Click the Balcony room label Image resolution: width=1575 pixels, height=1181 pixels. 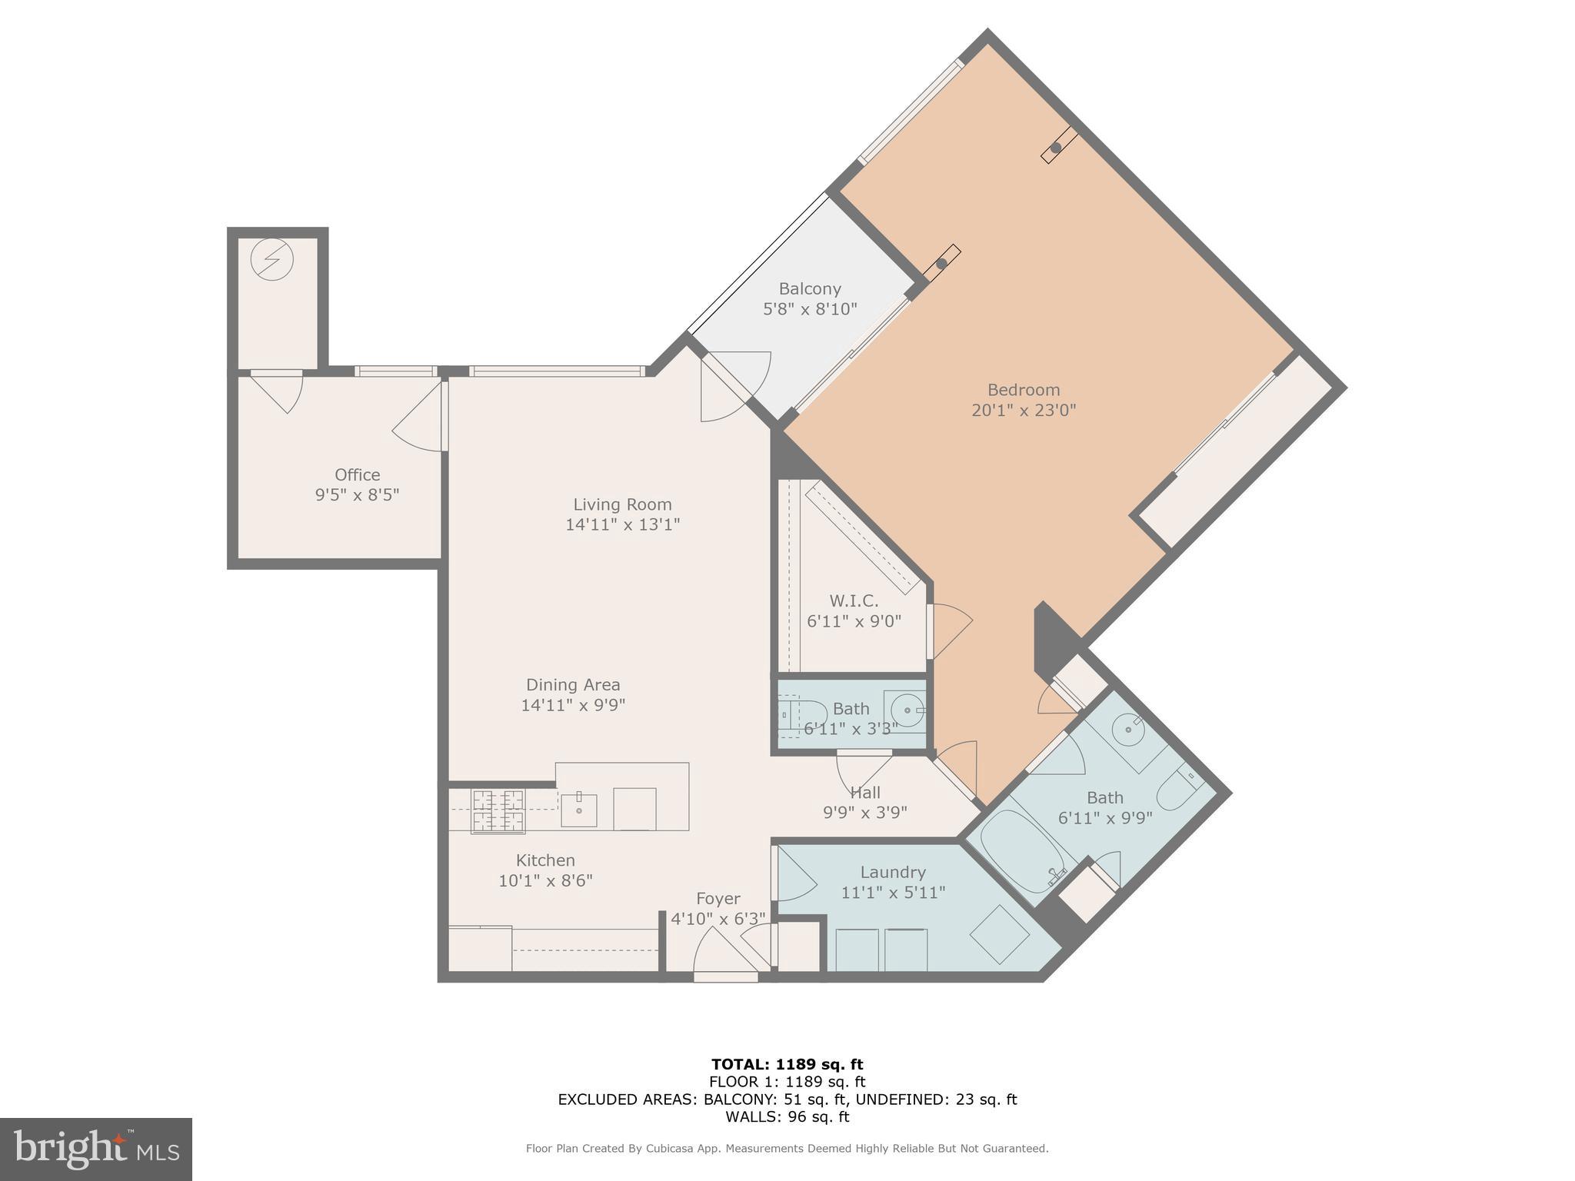(x=809, y=289)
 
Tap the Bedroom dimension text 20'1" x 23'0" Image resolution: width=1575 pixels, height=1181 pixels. (x=1023, y=411)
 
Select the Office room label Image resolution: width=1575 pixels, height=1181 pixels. (x=357, y=475)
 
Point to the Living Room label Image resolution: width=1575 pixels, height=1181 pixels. (x=622, y=505)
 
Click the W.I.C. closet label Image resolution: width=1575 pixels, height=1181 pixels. (x=853, y=601)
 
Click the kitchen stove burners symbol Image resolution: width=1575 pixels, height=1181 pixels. (x=498, y=811)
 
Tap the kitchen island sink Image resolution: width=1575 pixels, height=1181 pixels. (x=578, y=810)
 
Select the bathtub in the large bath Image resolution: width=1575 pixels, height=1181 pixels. (x=1018, y=853)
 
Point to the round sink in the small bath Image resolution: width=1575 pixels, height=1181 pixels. (x=905, y=710)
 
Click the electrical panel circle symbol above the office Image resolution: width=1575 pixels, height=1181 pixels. (x=271, y=260)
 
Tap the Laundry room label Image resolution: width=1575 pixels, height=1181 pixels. (x=892, y=873)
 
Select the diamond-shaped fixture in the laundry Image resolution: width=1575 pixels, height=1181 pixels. (x=999, y=934)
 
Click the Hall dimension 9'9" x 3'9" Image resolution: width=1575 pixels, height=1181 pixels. (x=865, y=813)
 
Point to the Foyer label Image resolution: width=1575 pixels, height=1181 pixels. (x=718, y=899)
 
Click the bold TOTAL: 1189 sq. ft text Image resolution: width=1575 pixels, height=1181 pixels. (x=787, y=1065)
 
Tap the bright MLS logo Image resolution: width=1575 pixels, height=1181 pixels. (x=95, y=1149)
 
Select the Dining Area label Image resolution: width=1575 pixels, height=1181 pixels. (x=573, y=685)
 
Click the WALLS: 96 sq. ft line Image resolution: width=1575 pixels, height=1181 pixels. (x=787, y=1116)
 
